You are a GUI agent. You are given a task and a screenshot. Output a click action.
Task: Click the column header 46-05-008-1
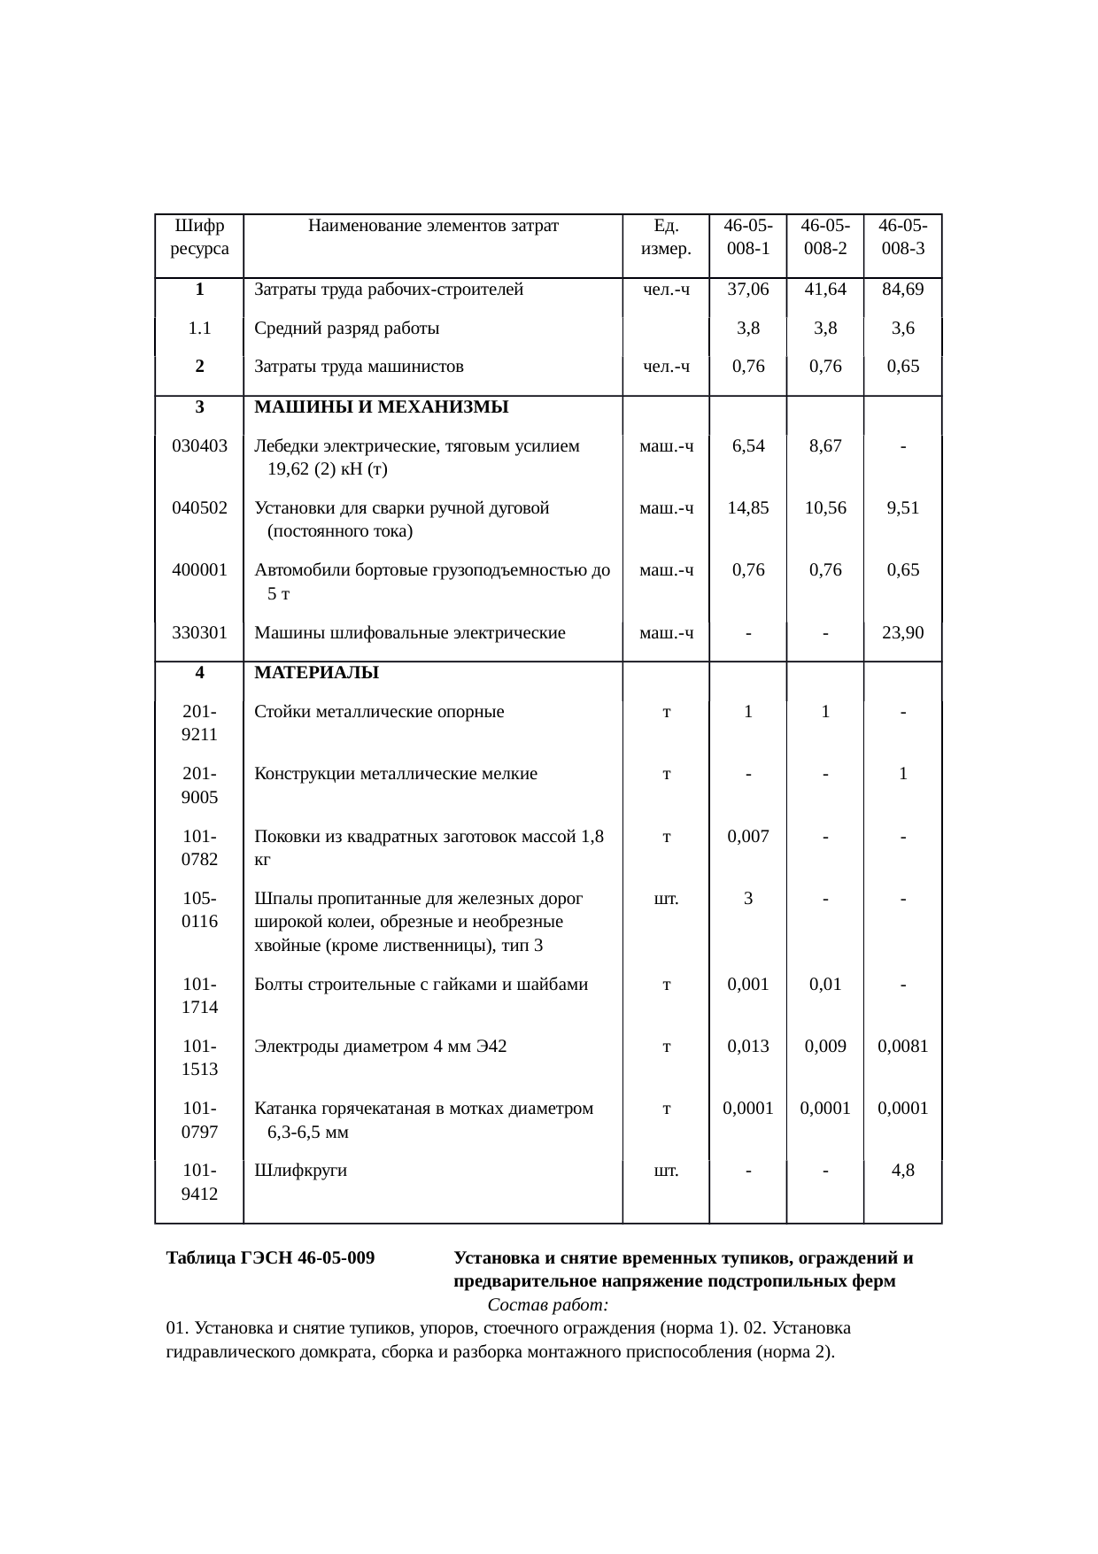click(748, 236)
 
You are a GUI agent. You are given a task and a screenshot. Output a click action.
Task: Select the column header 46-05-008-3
click(902, 236)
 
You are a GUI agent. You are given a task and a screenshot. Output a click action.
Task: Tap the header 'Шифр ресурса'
click(199, 236)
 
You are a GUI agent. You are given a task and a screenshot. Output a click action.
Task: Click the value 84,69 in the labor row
click(902, 289)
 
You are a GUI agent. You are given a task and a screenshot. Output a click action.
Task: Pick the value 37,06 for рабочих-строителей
click(748, 289)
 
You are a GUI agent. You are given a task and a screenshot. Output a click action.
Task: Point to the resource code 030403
click(199, 446)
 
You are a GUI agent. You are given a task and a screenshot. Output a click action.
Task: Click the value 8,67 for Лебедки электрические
click(825, 446)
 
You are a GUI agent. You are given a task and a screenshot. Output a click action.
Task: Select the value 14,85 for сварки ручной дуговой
click(748, 508)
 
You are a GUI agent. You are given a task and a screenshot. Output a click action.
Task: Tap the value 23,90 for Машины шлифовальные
click(902, 632)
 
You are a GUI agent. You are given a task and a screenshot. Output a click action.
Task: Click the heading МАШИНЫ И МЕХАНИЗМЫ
click(382, 407)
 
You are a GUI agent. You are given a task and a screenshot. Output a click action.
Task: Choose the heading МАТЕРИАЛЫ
click(316, 673)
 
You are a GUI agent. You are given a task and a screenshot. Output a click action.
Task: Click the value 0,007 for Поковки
click(748, 836)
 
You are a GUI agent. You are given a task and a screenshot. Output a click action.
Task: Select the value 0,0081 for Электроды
click(902, 1046)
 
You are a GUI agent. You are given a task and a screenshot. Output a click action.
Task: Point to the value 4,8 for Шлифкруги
click(902, 1171)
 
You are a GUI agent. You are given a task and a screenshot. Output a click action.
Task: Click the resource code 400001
click(199, 570)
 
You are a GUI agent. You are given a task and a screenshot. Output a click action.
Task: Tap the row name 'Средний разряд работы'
click(347, 329)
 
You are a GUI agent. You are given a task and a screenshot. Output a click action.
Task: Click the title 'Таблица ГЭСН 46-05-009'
click(270, 1258)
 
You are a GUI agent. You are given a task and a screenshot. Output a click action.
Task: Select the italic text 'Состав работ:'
click(547, 1305)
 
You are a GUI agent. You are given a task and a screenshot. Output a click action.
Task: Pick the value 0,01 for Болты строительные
click(825, 984)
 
